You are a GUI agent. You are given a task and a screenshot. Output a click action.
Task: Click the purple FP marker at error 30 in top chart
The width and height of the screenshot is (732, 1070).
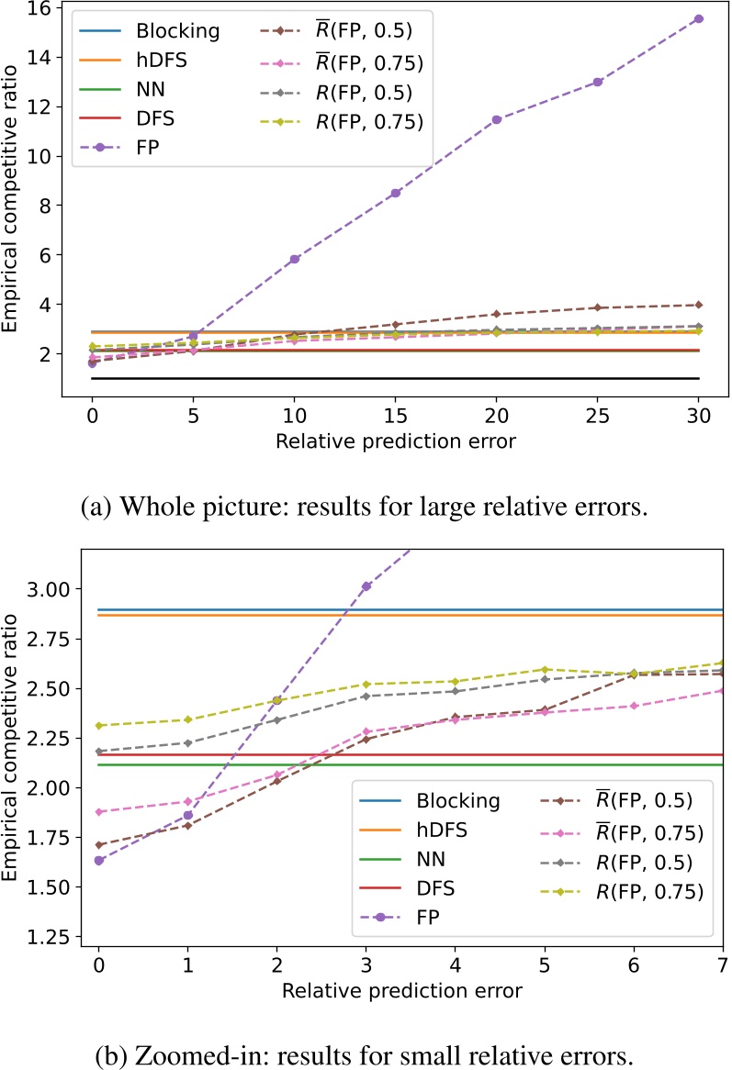699,18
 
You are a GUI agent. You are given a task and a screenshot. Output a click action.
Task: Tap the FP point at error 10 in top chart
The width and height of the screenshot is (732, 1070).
294,260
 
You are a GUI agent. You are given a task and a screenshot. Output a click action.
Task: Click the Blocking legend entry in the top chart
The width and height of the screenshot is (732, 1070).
177,30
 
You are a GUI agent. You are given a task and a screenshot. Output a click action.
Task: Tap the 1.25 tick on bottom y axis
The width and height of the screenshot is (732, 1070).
49,937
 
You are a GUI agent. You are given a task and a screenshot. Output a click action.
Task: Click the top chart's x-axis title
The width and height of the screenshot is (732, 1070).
395,440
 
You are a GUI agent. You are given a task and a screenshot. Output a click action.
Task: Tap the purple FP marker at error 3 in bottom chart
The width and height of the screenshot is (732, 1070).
366,585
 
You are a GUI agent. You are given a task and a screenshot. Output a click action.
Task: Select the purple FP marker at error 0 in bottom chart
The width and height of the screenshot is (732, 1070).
98,860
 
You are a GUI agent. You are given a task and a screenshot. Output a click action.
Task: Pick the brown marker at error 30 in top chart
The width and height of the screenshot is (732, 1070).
699,305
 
